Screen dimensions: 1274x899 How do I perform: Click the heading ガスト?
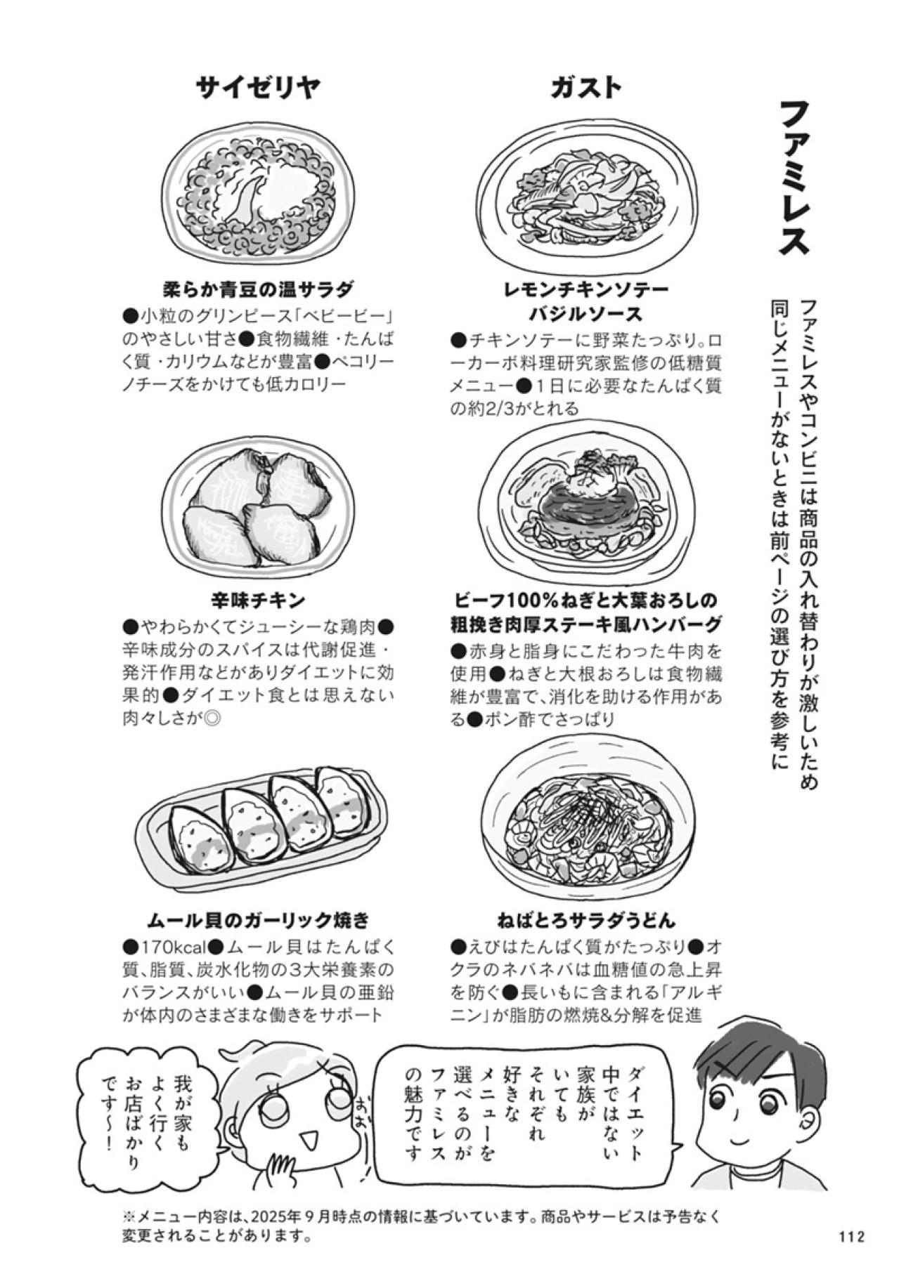point(586,88)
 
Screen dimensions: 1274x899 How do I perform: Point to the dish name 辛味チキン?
point(258,600)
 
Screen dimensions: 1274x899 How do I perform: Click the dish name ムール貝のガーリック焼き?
point(258,919)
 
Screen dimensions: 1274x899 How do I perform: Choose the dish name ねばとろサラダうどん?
point(586,919)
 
